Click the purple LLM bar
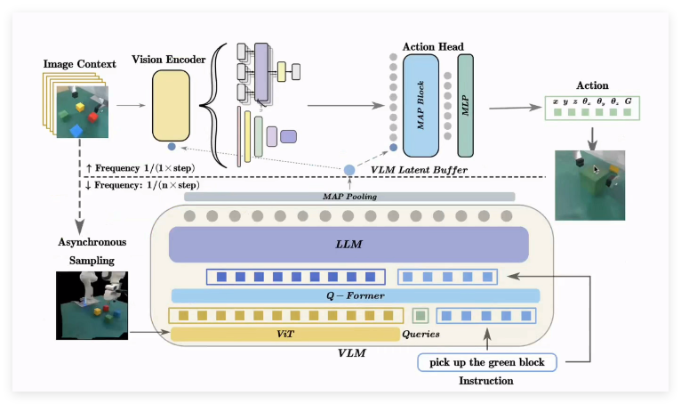tap(349, 243)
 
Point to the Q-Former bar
tap(355, 295)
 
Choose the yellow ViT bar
tap(284, 334)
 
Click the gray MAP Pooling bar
tap(349, 197)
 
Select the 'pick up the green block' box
tap(487, 362)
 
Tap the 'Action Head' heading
tap(433, 46)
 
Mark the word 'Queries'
tap(421, 335)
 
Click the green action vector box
tap(590, 109)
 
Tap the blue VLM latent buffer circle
tap(349, 169)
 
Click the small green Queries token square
tap(421, 315)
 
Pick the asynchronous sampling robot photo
tap(92, 305)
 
